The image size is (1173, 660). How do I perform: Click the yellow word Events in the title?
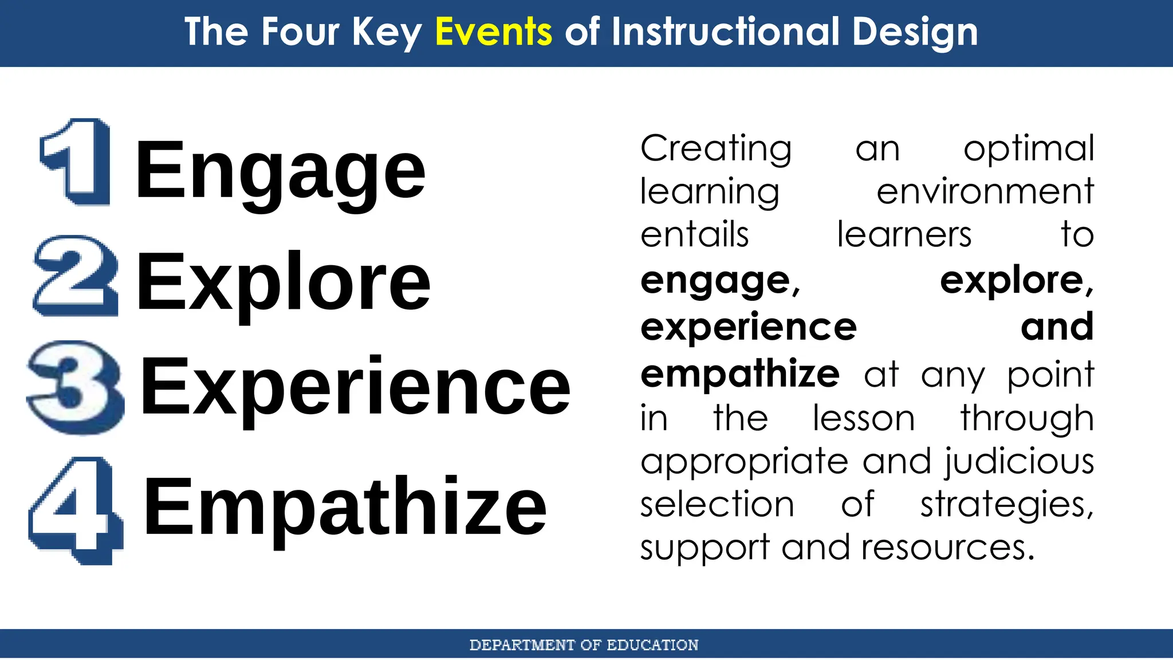coord(493,32)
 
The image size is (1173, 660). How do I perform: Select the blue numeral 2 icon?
coord(76,276)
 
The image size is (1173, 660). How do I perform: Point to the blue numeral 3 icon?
coord(75,387)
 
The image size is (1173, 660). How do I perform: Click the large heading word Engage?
coord(280,170)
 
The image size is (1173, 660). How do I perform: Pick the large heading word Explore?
coord(283,281)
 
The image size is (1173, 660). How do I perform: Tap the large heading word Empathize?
coord(345,506)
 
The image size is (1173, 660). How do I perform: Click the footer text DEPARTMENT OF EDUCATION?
coord(584,645)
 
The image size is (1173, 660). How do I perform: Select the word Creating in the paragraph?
coord(716,148)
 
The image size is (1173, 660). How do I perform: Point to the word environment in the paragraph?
coord(985,191)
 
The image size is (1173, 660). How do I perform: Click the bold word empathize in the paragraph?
coord(740,374)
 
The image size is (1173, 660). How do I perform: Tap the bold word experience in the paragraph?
coord(749,327)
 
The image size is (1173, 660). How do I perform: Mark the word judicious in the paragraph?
coord(1020,462)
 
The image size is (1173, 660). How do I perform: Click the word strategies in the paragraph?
coord(1006,505)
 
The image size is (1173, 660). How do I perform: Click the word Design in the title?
coord(915,32)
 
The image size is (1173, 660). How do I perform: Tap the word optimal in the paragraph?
coord(1029,149)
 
